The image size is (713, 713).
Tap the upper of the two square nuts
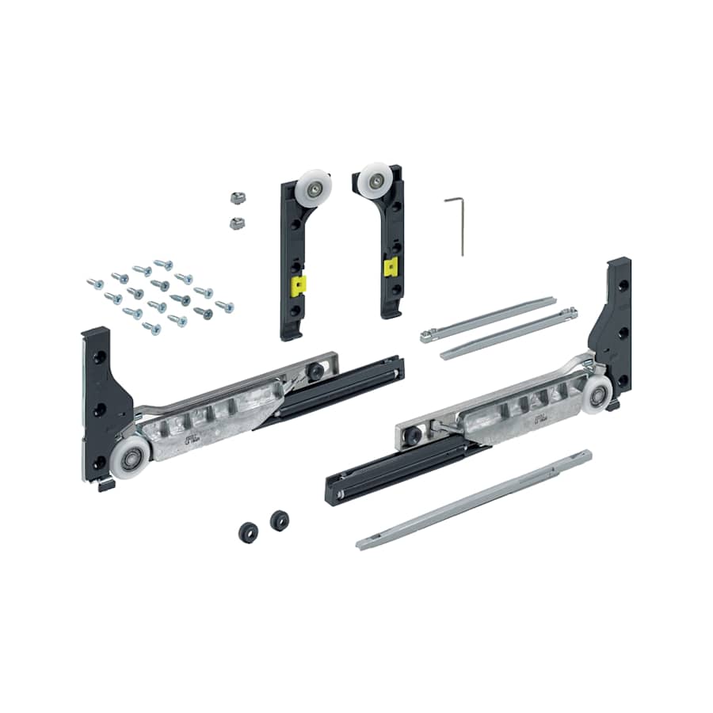[234, 196]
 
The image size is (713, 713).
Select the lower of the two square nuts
[236, 223]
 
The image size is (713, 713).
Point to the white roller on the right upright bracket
[373, 178]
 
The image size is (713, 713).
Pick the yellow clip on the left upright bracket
[296, 285]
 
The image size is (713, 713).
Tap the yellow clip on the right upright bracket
[391, 268]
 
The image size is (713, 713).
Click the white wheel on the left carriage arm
[131, 457]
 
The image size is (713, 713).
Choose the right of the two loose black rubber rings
[279, 520]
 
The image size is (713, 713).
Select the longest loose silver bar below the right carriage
[475, 501]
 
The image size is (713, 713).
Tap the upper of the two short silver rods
[488, 318]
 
